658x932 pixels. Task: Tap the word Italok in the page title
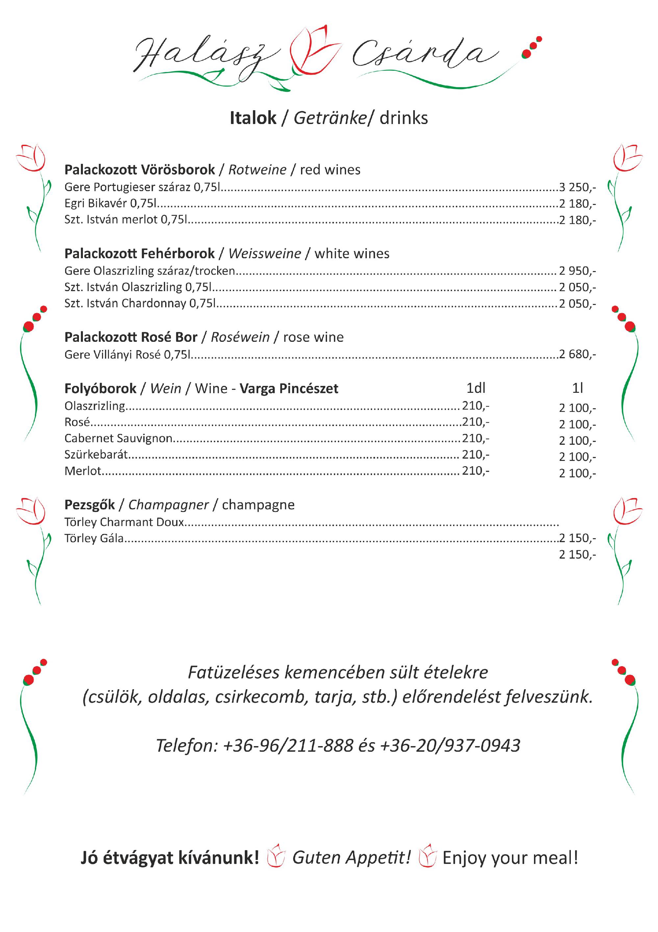coord(253,118)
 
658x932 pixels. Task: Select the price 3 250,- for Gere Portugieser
coord(577,187)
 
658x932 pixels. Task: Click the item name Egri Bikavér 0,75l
coord(111,203)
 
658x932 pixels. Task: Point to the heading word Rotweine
coord(257,170)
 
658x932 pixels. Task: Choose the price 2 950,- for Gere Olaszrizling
coord(577,271)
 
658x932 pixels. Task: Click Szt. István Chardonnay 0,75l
coord(139,303)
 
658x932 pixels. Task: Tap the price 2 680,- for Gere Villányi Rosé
coord(577,354)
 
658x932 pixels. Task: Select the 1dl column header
coord(476,389)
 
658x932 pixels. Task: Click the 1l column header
coord(577,389)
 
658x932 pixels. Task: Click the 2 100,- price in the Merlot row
coord(577,473)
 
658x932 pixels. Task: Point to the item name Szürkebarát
coord(96,455)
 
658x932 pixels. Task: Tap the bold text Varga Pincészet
coord(289,389)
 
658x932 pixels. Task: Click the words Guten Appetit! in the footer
coord(351,858)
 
